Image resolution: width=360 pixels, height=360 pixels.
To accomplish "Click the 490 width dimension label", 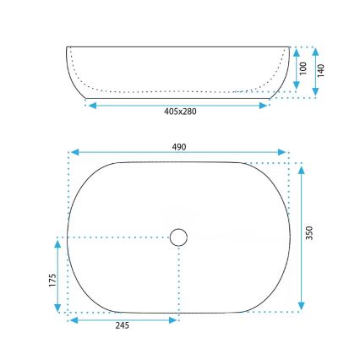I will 179,147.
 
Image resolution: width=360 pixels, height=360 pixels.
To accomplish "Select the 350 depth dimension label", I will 311,232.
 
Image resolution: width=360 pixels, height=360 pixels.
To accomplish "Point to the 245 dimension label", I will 122,328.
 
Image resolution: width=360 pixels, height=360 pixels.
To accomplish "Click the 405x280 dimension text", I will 179,112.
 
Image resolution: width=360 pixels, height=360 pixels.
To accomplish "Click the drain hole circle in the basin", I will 178,237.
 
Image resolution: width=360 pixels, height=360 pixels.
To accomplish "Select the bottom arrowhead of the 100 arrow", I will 297,87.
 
